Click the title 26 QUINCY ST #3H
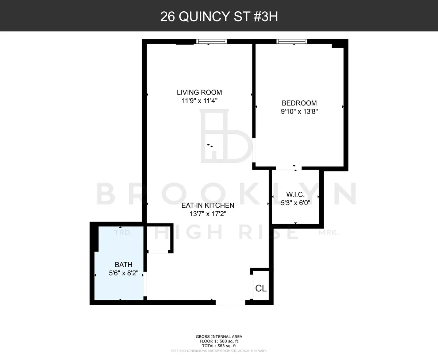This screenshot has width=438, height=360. click(x=219, y=16)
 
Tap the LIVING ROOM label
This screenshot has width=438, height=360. click(x=199, y=92)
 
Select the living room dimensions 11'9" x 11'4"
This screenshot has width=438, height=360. click(x=199, y=101)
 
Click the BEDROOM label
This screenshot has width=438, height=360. click(x=299, y=103)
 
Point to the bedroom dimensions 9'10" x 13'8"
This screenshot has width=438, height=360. click(x=299, y=112)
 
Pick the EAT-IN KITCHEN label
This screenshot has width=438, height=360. click(x=208, y=206)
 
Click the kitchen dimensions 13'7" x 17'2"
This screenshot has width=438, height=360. click(x=208, y=214)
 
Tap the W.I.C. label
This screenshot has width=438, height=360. click(x=295, y=195)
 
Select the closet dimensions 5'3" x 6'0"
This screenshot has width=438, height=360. click(x=295, y=203)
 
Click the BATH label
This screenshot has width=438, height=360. click(x=123, y=265)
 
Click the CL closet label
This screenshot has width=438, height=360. click(x=261, y=288)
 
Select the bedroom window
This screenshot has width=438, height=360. click(x=292, y=41)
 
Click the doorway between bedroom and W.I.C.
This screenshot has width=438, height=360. click(x=288, y=168)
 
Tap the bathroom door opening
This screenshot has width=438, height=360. click(x=145, y=284)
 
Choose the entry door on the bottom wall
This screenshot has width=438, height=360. click(x=230, y=302)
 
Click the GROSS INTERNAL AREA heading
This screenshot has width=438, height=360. click(x=219, y=337)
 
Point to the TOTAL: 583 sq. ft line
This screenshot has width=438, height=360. click(x=219, y=346)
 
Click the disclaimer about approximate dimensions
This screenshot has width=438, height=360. click(x=219, y=351)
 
